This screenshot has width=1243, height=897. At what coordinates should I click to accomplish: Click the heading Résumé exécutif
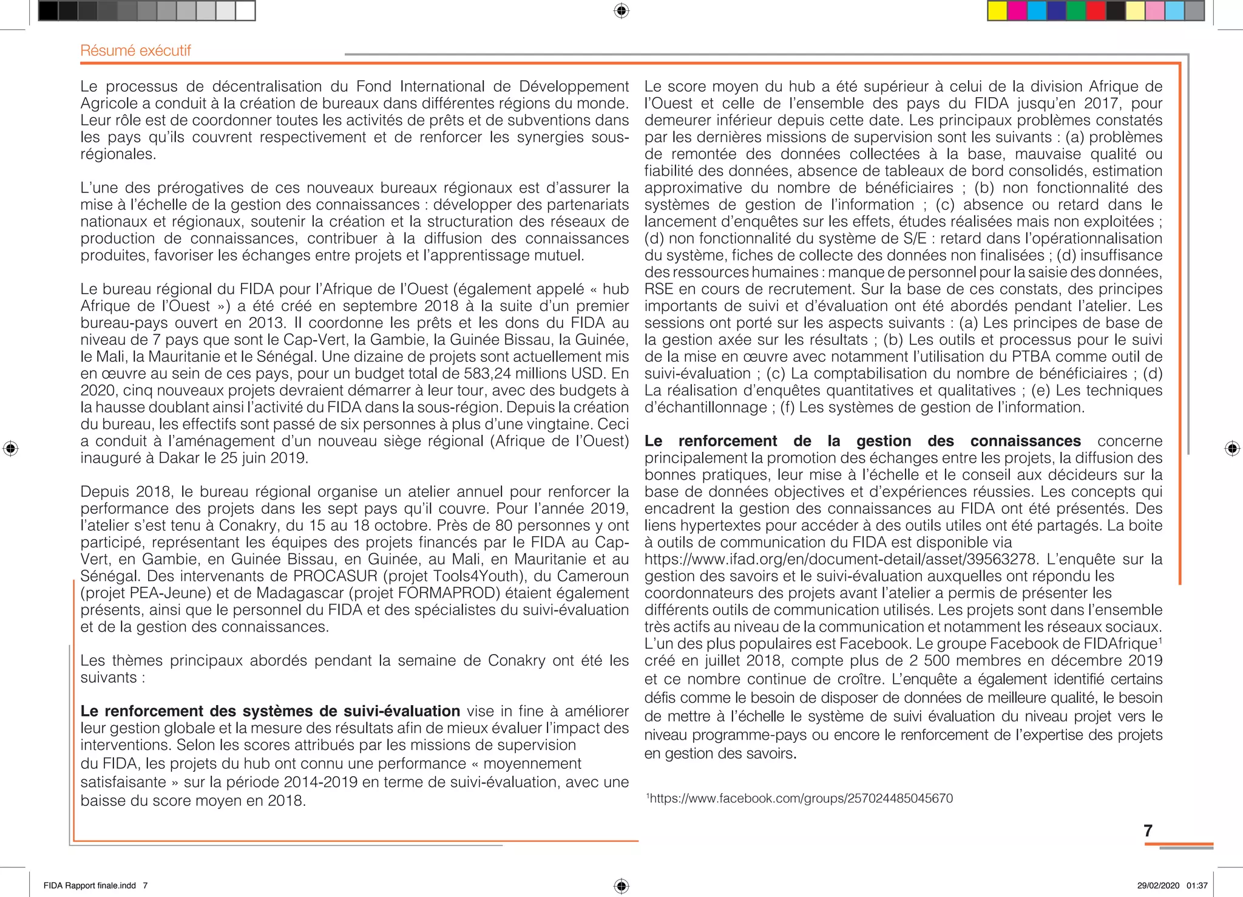pos(135,50)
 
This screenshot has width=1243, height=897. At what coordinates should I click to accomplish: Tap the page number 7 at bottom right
pos(1148,830)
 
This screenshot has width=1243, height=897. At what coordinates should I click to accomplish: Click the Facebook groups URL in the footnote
pos(801,798)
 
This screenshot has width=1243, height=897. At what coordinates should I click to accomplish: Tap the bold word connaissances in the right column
pos(1025,441)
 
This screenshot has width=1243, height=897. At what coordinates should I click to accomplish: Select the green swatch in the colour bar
pos(1076,11)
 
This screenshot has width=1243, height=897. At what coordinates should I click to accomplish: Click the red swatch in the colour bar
pos(1096,11)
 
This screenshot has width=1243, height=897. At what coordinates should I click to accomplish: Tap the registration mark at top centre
pos(621,11)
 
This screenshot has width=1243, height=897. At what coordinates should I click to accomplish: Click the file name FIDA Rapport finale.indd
pos(90,885)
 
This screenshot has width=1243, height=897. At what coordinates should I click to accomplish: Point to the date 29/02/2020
pos(1158,885)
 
